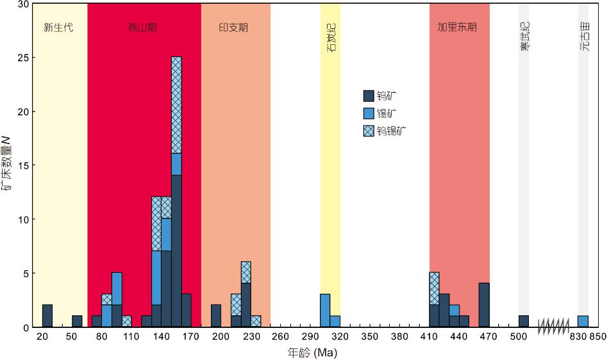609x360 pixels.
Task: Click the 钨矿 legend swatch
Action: coord(369,96)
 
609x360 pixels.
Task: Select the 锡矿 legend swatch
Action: coord(369,113)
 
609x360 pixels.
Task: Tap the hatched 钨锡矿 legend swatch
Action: coord(369,131)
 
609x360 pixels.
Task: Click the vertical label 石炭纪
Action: coord(331,39)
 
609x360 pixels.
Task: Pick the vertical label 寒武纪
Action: coord(524,37)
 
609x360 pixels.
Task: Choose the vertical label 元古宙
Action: coord(584,37)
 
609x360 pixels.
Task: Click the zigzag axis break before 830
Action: coord(553,327)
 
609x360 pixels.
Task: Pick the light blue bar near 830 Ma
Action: coord(583,322)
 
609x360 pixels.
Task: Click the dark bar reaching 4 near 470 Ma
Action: coord(484,305)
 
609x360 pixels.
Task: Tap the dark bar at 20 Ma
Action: coord(47,316)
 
